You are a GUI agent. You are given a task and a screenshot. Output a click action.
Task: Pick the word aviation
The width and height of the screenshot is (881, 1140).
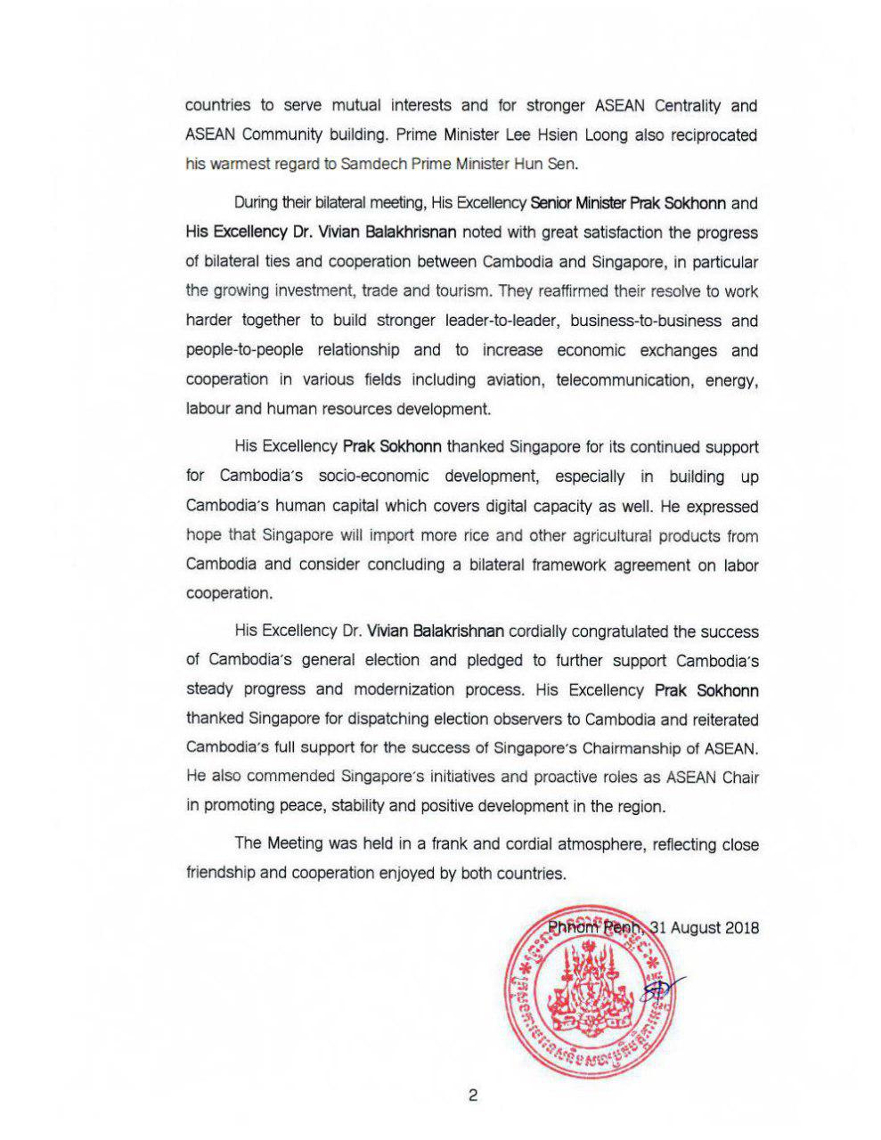click(x=514, y=379)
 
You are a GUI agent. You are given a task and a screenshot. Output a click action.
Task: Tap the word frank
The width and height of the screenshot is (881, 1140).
click(x=450, y=843)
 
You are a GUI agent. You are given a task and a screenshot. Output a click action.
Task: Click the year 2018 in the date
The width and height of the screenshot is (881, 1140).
click(x=742, y=927)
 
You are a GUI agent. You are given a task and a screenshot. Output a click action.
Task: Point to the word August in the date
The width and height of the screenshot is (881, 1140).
click(x=696, y=927)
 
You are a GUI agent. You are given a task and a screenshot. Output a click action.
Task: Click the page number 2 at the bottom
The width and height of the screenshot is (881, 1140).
click(x=472, y=1095)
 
